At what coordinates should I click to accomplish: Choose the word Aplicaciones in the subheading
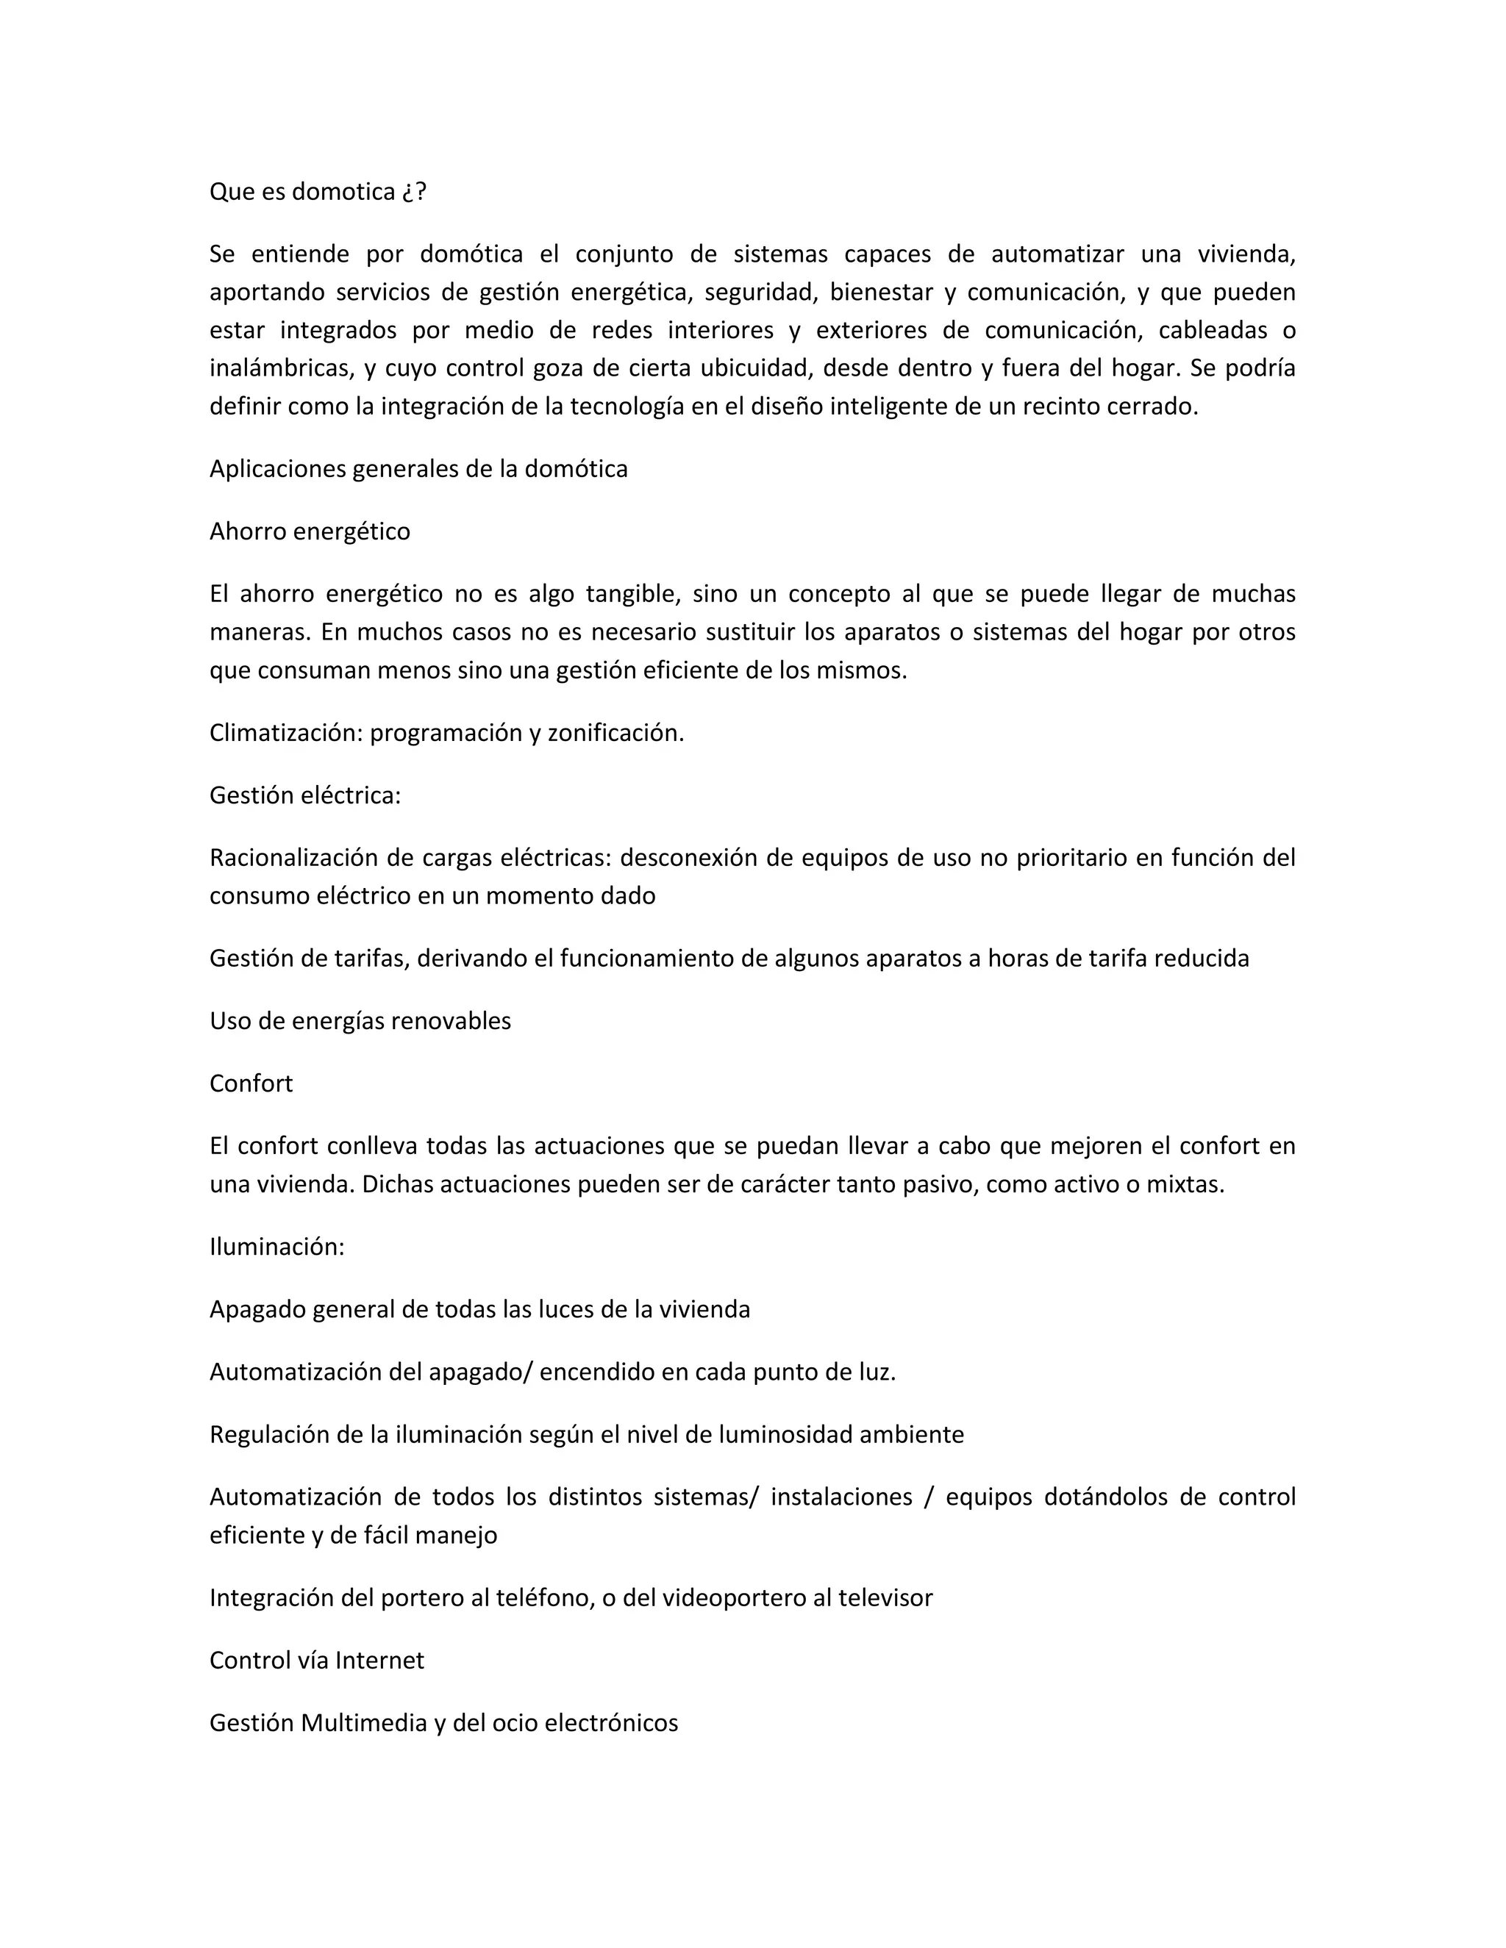277,469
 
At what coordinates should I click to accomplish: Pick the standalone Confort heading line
251,1084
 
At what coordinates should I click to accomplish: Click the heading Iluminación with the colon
276,1247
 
